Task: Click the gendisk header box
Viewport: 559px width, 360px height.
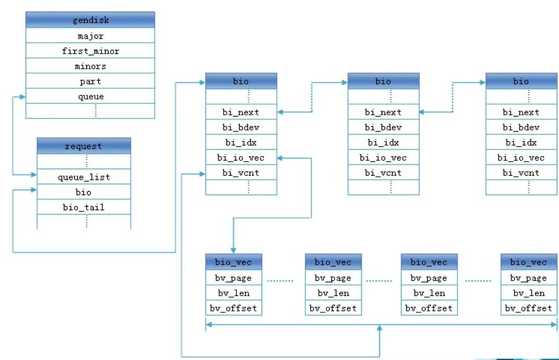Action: [90, 20]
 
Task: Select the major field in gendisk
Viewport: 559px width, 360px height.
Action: [90, 35]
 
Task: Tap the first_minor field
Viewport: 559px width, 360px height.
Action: [90, 51]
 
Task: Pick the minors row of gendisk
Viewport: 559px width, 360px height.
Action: [90, 66]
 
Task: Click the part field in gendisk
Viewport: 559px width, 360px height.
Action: [90, 81]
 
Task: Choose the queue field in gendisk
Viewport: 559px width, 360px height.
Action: [90, 96]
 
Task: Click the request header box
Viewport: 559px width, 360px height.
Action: [84, 146]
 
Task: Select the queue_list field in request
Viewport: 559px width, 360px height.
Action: [84, 177]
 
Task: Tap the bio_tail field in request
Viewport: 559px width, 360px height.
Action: [84, 207]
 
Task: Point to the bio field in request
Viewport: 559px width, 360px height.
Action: [84, 192]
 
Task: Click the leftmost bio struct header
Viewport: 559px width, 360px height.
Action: [241, 81]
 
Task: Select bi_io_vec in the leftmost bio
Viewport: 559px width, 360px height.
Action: [241, 157]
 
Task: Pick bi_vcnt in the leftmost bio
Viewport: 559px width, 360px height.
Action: [241, 173]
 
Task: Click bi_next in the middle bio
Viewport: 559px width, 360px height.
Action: [383, 112]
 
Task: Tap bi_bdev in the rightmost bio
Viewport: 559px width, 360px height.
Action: [521, 127]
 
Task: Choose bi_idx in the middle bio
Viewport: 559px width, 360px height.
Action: [383, 142]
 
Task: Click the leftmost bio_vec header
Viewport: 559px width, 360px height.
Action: [234, 262]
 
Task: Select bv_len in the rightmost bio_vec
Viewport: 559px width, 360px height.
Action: [529, 293]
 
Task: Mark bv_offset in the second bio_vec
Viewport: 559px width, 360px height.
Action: [334, 308]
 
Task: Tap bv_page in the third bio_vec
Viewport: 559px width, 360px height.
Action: [429, 278]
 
